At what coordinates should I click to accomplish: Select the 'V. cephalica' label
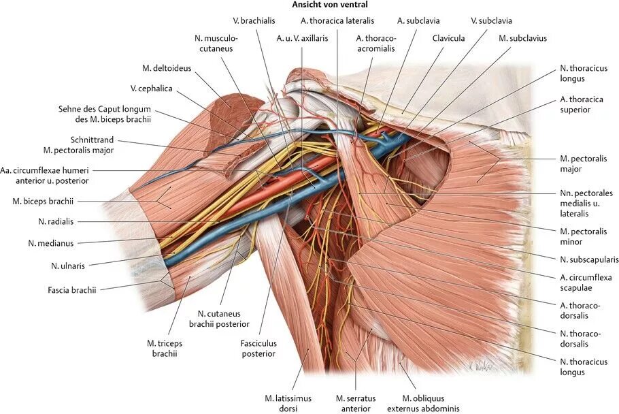[x=152, y=89]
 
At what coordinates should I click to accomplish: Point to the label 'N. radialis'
[x=56, y=221]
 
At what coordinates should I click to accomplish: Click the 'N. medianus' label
[x=51, y=243]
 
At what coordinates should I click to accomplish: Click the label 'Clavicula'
[x=448, y=39]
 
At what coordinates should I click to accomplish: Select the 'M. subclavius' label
[x=522, y=39]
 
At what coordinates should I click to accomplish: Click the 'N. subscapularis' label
[x=589, y=259]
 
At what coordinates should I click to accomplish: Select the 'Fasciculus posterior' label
[x=258, y=349]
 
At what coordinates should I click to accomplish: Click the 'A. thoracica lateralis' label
[x=337, y=21]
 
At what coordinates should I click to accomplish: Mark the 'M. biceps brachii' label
[x=43, y=201]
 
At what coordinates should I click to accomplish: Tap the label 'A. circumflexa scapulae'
[x=586, y=282]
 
